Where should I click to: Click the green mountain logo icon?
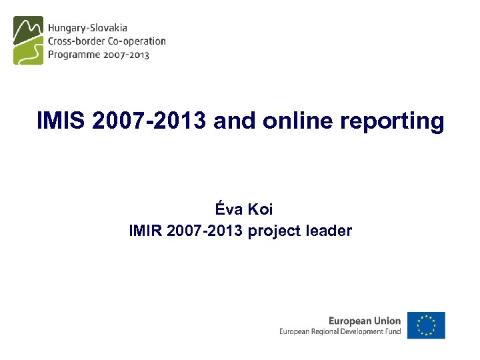point(28,40)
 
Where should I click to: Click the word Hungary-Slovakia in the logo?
point(87,28)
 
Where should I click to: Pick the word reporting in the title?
point(392,122)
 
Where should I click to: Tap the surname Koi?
point(261,209)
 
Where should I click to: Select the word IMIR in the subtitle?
point(145,231)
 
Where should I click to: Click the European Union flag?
point(426,325)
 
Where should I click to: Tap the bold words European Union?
point(365,321)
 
